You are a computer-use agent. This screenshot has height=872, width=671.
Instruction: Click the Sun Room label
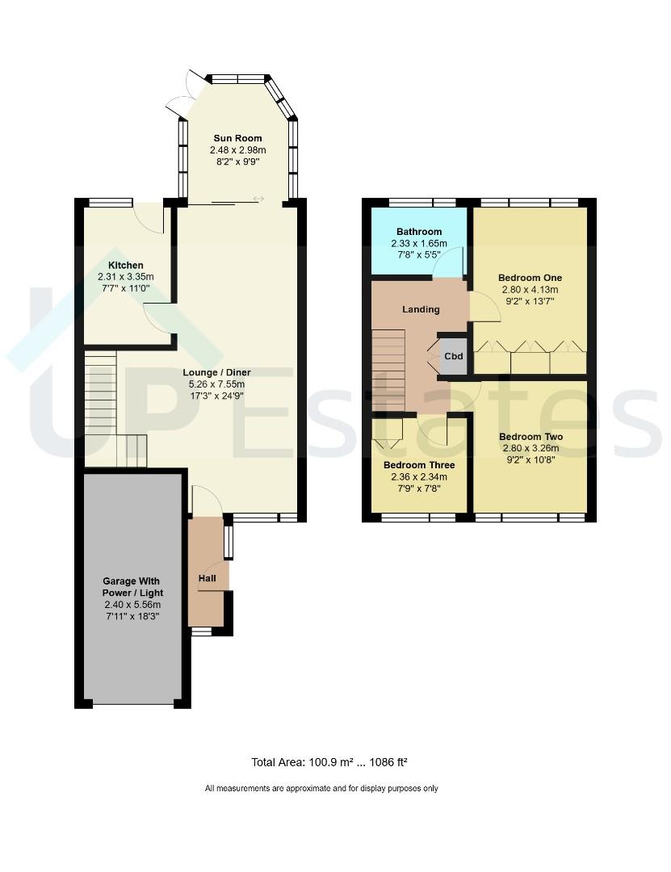(x=237, y=138)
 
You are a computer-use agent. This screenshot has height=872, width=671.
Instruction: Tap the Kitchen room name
(x=126, y=266)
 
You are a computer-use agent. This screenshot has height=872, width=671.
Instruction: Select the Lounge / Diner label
(x=217, y=372)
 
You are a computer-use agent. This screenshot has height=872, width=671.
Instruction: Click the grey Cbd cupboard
(x=454, y=356)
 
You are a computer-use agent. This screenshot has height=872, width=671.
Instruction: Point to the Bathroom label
(x=419, y=232)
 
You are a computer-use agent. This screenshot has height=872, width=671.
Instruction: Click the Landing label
(x=421, y=309)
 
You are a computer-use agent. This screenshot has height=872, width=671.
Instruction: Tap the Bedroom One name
(x=531, y=278)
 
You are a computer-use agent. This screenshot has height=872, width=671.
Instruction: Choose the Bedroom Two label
(x=531, y=437)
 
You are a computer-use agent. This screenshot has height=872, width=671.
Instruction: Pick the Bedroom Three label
(x=419, y=465)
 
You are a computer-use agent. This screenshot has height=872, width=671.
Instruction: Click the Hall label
(x=207, y=578)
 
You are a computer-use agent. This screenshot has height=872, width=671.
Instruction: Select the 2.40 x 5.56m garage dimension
(x=132, y=605)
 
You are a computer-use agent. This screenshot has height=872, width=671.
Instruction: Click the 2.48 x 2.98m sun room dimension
(x=237, y=150)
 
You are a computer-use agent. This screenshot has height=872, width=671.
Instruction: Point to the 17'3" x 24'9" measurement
(x=217, y=396)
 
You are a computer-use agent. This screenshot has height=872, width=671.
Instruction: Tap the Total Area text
(x=329, y=762)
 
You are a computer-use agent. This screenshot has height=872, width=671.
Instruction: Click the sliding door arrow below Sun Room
(x=258, y=199)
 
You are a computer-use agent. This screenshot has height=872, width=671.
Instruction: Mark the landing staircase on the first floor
(x=388, y=371)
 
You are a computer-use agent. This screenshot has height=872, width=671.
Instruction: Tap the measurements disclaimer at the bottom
(x=321, y=788)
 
